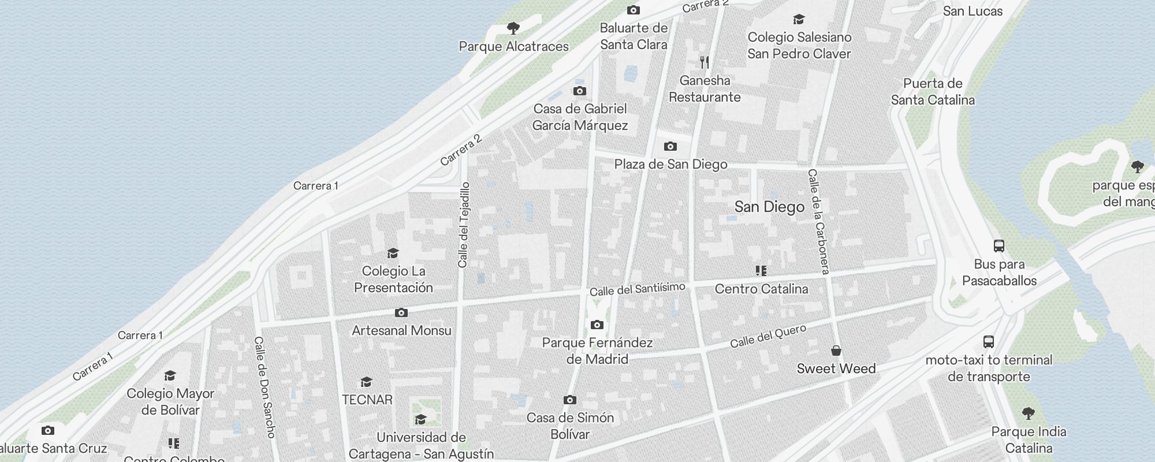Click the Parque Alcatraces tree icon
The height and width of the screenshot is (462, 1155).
pos(513,28)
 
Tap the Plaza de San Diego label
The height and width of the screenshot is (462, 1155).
pos(670,165)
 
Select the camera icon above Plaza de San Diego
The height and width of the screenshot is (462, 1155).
pos(670,147)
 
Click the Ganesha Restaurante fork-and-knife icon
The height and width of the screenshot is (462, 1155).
pos(705,62)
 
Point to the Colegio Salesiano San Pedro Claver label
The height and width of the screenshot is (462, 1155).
pos(799,46)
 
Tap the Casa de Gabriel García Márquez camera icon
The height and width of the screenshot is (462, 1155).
pos(580,91)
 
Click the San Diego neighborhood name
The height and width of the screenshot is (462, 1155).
pos(769,207)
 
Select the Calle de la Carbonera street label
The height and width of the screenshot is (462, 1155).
pos(819,222)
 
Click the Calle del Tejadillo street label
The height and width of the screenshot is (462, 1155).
pos(464,225)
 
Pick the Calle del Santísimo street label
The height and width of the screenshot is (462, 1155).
pos(638,289)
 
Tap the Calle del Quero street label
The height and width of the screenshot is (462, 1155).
pos(768,337)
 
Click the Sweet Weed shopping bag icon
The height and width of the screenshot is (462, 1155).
pos(836,351)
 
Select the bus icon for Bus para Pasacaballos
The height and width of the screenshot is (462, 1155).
pos(999,246)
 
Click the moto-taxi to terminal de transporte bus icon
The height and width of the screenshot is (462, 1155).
pos(989,342)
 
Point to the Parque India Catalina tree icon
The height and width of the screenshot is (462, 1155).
pos(1028,413)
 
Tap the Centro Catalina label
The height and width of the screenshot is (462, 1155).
pos(761,289)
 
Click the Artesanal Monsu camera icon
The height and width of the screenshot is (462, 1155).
pos(401,313)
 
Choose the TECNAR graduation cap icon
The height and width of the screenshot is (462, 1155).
pos(366,382)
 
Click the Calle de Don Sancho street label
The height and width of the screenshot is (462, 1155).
pos(265,387)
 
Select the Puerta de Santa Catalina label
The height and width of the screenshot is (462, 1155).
pos(933,92)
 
